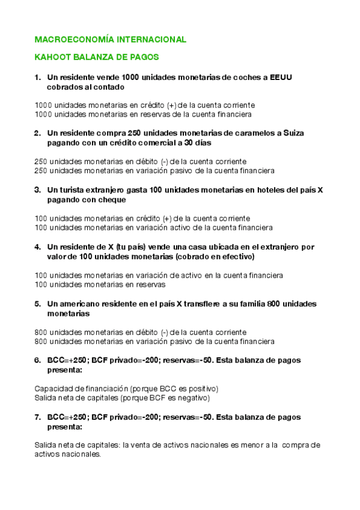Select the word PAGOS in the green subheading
[x=145, y=58]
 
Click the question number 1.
[x=37, y=77]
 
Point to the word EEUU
[x=281, y=77]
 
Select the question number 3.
[x=37, y=190]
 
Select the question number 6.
[x=37, y=360]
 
